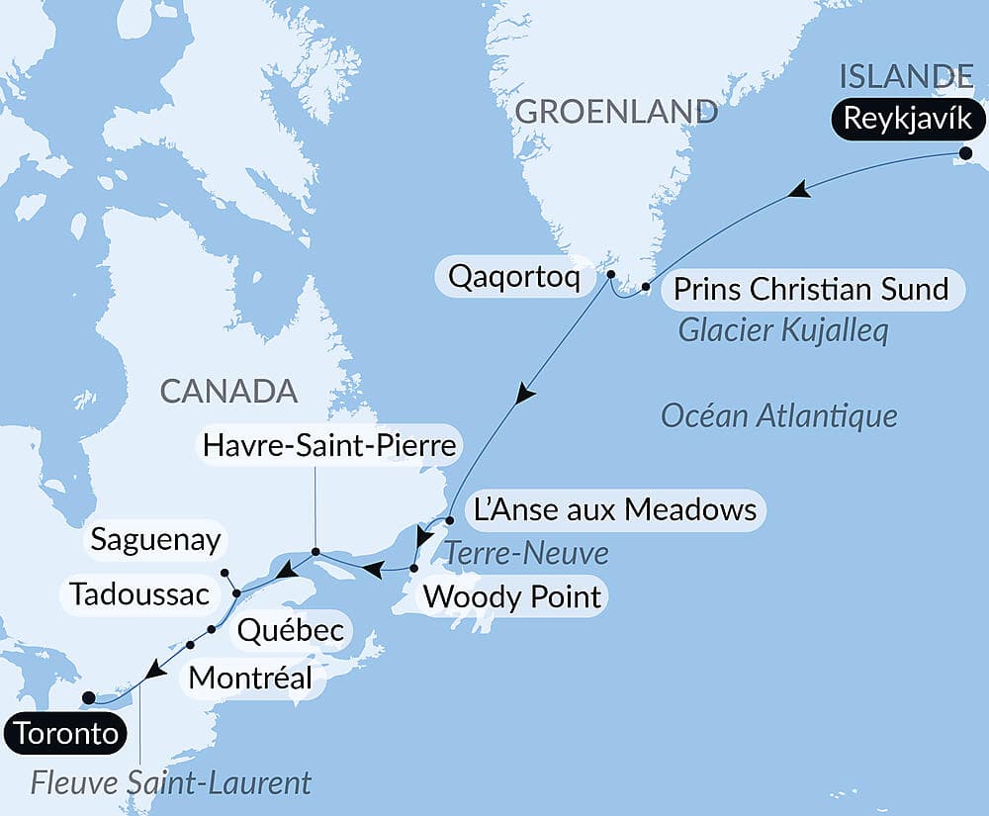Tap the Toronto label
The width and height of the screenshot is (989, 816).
[x=67, y=734]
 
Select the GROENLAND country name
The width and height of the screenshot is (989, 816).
[x=616, y=111]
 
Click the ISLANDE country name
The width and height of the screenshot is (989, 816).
[x=905, y=75]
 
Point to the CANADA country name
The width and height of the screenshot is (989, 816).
[x=228, y=391]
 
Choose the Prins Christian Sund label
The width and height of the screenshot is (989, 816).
[x=811, y=290]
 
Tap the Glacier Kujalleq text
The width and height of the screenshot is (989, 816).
[x=782, y=330]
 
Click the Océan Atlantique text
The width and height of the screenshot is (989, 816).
[x=778, y=415]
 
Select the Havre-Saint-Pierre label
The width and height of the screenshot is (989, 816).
[x=329, y=446]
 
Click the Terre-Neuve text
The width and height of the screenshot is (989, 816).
[x=525, y=553]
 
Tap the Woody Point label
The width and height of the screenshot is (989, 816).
[x=511, y=596]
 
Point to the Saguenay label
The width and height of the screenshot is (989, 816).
[x=155, y=540]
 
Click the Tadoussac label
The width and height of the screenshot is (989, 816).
[x=139, y=594]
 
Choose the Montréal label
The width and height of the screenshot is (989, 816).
[x=250, y=679]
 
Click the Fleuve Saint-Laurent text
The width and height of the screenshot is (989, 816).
[x=171, y=783]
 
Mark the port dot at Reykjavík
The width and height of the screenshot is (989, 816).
[x=965, y=152]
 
